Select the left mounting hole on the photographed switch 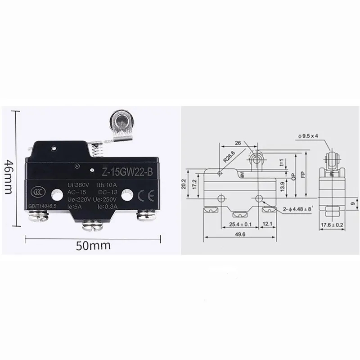(x=56, y=195)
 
